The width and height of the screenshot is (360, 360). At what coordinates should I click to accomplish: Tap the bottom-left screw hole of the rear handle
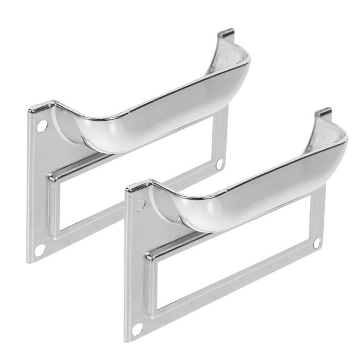point(40,249)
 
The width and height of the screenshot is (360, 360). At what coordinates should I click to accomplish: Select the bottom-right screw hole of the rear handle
point(219,164)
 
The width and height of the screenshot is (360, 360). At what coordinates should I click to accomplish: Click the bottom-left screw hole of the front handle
point(137,327)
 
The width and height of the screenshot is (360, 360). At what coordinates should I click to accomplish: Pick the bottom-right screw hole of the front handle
point(317,242)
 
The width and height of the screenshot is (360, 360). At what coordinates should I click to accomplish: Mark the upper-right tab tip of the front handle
point(323,112)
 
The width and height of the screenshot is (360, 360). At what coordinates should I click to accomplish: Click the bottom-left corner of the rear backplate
point(28,261)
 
